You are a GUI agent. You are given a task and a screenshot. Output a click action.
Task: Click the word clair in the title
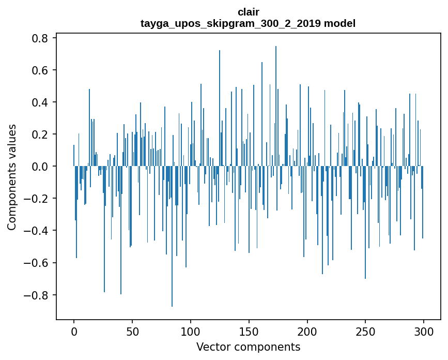(248, 12)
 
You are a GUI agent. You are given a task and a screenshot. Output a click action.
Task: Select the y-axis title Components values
(12, 177)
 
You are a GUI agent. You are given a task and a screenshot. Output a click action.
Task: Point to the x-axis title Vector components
(248, 347)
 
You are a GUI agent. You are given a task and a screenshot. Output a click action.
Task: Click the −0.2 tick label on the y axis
(37, 199)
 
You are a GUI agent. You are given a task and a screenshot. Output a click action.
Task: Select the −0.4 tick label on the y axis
(37, 231)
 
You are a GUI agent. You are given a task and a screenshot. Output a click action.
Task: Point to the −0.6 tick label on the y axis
(37, 263)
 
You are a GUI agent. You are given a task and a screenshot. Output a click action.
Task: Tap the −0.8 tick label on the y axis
(37, 295)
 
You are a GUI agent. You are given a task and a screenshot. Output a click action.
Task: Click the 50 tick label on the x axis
(132, 331)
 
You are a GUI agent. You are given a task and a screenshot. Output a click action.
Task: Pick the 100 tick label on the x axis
(191, 331)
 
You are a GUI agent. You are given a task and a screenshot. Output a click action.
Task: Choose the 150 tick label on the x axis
(249, 331)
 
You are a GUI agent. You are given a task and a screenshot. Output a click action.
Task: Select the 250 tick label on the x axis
(365, 331)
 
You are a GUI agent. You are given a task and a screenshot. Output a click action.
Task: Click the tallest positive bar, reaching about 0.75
(276, 103)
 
